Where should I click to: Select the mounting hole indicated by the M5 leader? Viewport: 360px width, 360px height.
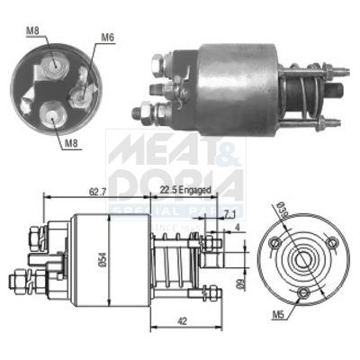click(304, 294)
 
